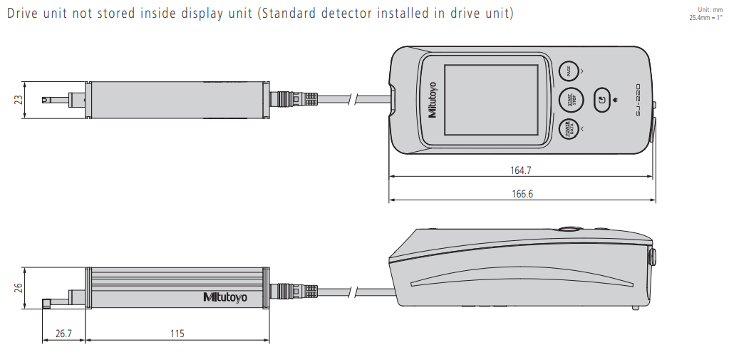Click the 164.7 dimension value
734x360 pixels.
click(520, 170)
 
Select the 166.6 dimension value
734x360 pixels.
click(520, 194)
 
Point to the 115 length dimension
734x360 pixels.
click(177, 333)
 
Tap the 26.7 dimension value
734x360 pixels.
click(63, 333)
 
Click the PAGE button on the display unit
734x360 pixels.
click(569, 71)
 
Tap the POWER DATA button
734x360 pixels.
click(569, 130)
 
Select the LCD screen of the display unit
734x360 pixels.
click(491, 100)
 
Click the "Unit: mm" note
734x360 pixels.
click(712, 10)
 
